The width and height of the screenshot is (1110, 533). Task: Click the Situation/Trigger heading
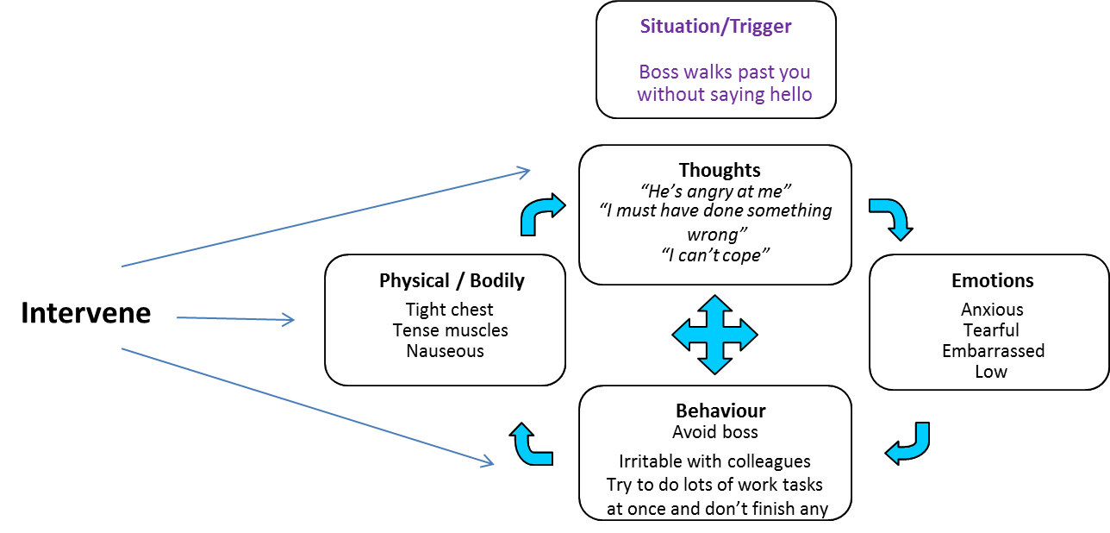point(715,27)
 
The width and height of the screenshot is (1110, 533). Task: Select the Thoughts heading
point(720,170)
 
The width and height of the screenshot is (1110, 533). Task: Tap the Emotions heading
point(992,281)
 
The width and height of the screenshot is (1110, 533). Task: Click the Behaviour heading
point(720,411)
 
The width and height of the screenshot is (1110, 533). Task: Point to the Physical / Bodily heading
point(452,281)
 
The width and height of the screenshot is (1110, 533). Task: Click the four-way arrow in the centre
point(714,335)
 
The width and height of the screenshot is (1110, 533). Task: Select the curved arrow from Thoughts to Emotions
point(890,218)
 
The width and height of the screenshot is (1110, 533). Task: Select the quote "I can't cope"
point(715,254)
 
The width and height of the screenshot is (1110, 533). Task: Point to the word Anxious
point(992,310)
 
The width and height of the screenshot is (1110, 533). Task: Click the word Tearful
point(991,330)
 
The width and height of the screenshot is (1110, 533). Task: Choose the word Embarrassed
point(993,351)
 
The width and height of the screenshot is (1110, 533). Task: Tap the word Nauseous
point(445,351)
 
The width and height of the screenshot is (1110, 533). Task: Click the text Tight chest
point(450,310)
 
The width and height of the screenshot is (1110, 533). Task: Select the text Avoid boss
point(715,432)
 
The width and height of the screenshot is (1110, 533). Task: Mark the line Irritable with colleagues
point(714,461)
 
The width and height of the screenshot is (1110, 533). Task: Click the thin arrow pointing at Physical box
point(236,319)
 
